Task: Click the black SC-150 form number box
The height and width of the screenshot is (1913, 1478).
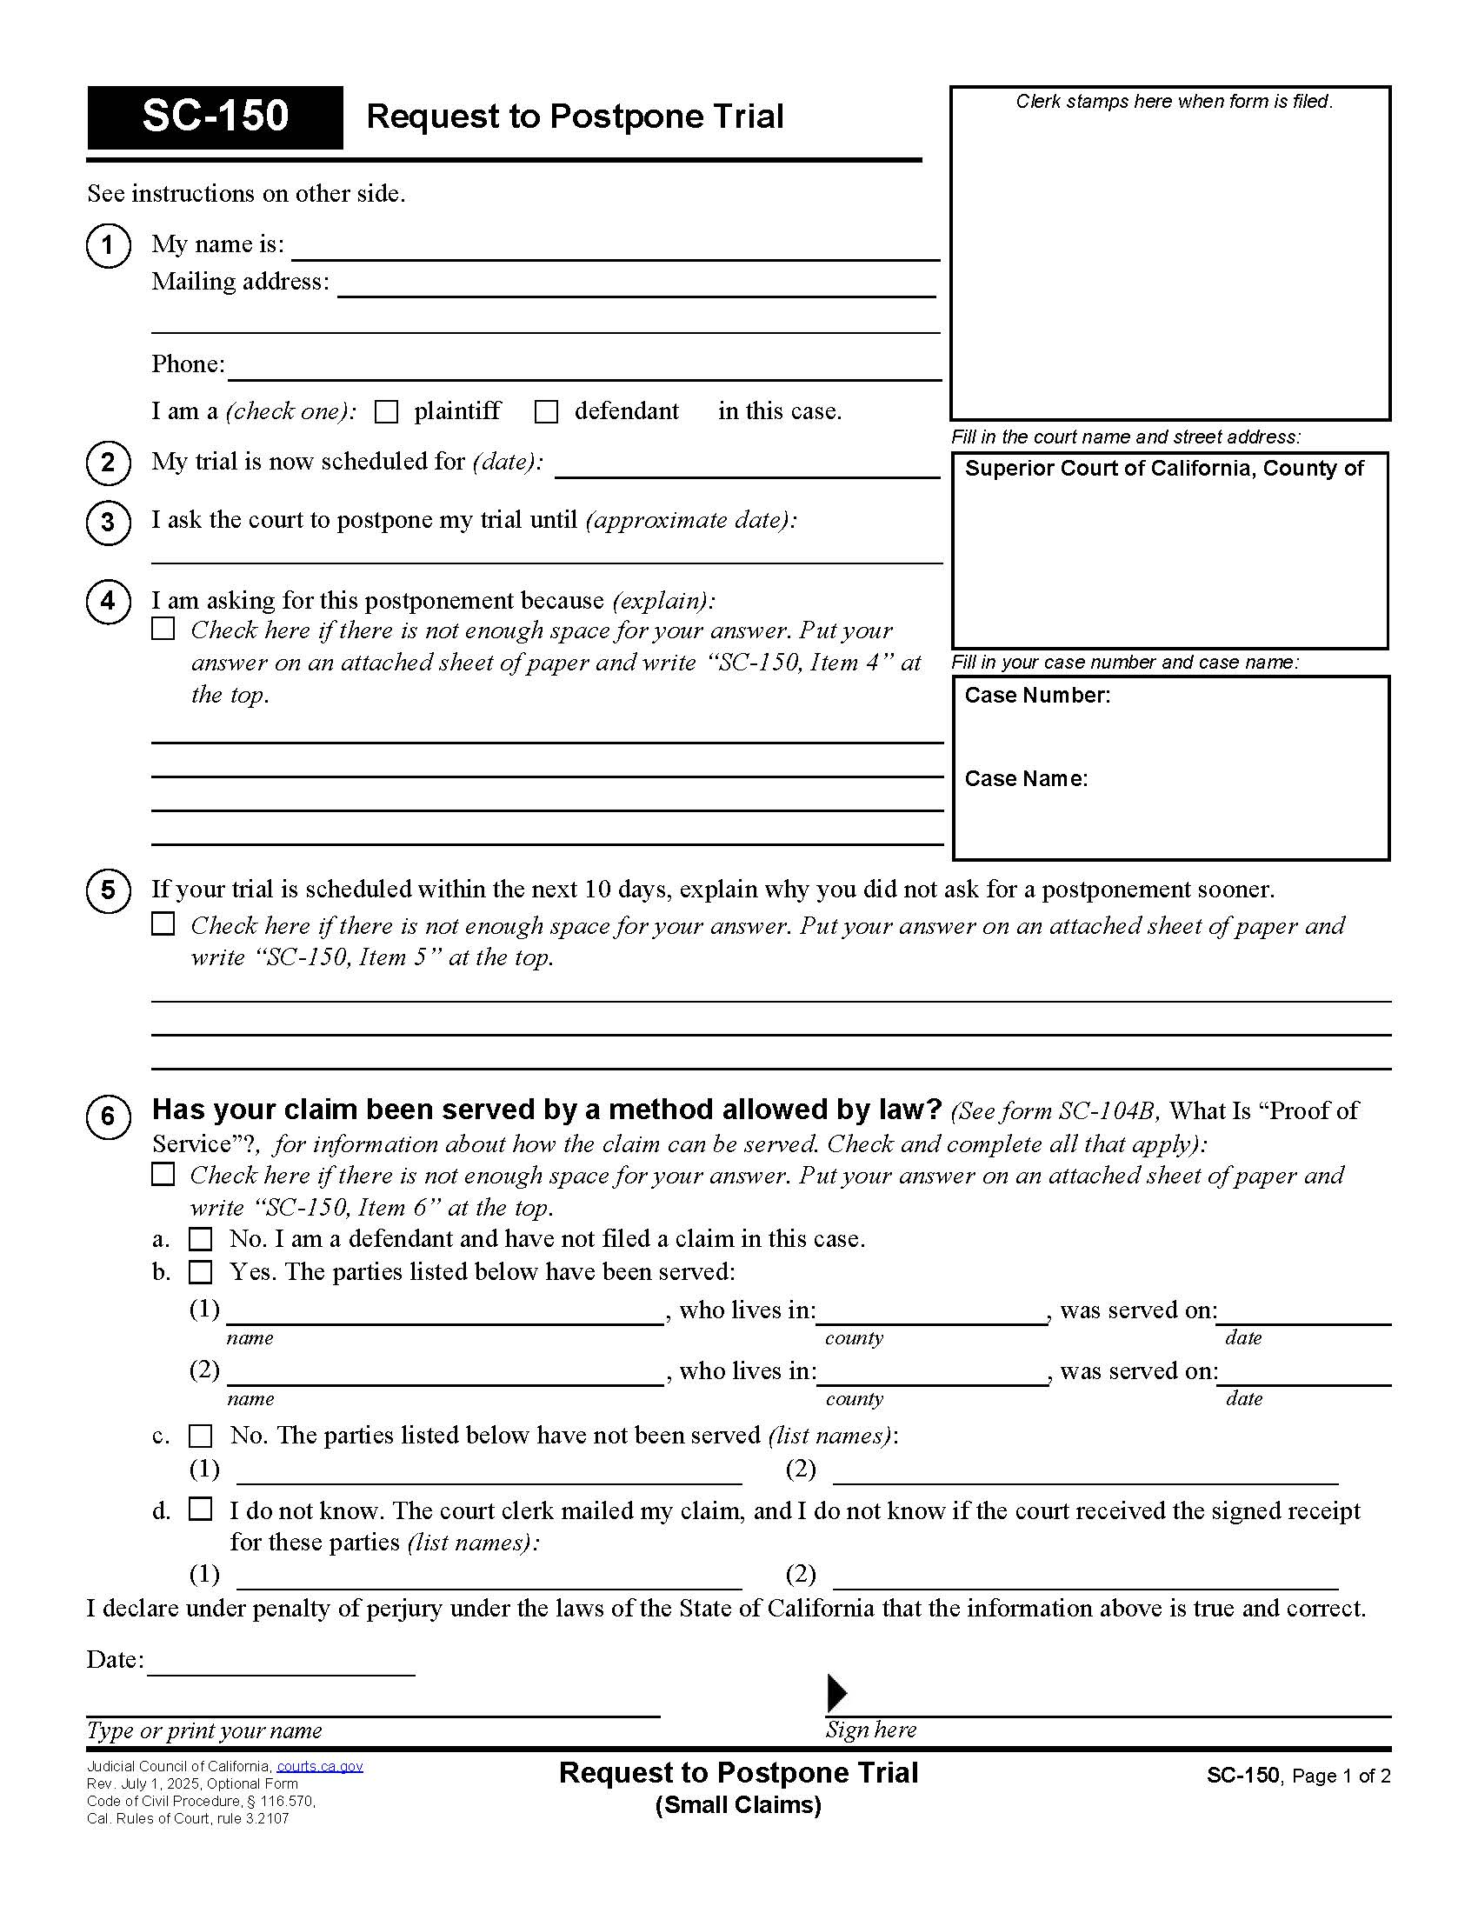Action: tap(215, 117)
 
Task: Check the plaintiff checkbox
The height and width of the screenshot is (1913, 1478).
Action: tap(386, 411)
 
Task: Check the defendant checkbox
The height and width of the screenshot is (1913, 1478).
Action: tap(546, 411)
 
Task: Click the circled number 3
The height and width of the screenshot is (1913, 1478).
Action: tap(108, 522)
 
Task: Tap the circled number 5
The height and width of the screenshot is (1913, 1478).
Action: tap(108, 890)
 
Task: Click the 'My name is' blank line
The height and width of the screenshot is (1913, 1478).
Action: tap(615, 249)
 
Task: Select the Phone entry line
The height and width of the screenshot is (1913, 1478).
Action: tap(583, 369)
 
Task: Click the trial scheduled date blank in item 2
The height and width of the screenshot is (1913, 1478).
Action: tap(747, 466)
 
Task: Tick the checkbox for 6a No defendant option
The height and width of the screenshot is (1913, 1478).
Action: tap(201, 1239)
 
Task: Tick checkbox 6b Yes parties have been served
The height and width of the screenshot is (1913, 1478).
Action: tap(201, 1272)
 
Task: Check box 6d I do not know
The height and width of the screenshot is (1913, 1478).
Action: tap(201, 1509)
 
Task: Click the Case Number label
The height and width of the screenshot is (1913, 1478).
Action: tap(1036, 696)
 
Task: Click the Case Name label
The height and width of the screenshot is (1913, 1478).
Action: tap(1025, 779)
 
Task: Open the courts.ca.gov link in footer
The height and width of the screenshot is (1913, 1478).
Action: tap(320, 1767)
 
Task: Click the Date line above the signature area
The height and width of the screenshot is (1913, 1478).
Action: tap(280, 1663)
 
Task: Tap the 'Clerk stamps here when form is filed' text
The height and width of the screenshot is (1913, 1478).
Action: tap(1174, 102)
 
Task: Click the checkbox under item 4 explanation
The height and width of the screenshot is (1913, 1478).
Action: tap(163, 629)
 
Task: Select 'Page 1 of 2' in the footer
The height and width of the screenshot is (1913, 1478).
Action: tap(1341, 1776)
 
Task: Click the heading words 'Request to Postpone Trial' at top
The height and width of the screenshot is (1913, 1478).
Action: tap(575, 117)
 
